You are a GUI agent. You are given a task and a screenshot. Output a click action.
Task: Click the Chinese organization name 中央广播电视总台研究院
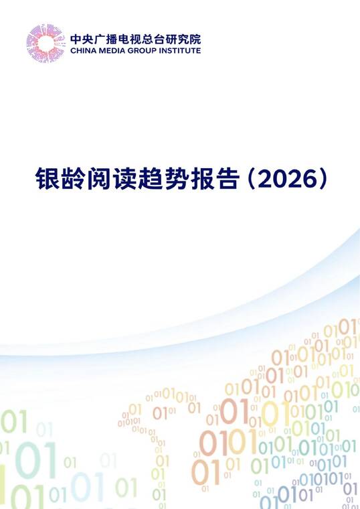pos(135,38)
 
